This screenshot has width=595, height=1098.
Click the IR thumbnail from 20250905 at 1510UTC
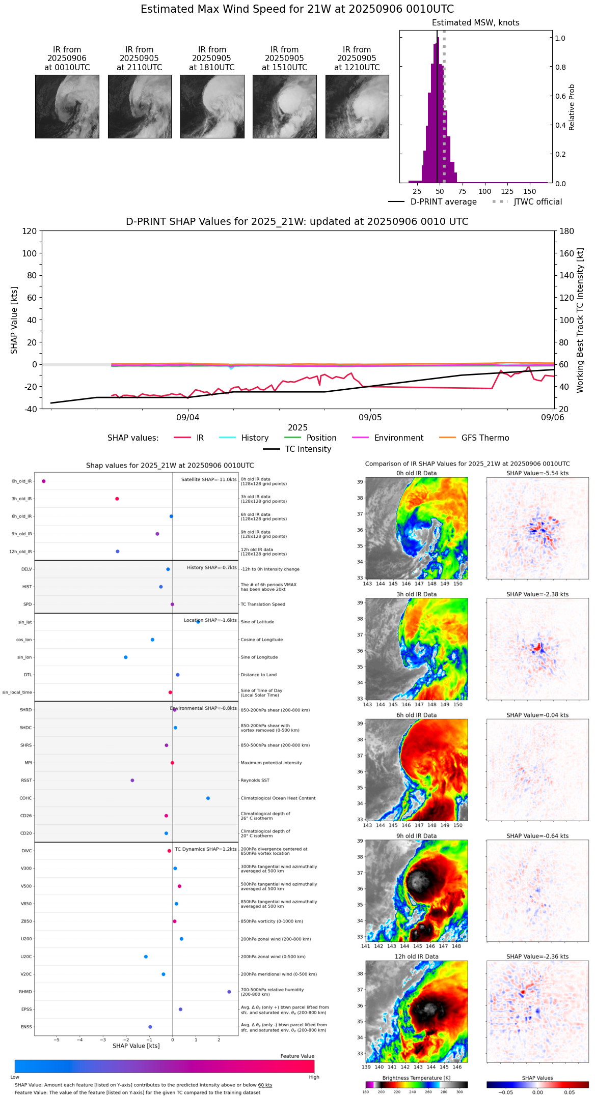coord(284,106)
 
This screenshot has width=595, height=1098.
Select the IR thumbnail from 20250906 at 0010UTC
coord(67,106)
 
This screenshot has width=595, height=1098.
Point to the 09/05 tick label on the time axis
coord(370,418)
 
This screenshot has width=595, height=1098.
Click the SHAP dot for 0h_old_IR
coord(44,481)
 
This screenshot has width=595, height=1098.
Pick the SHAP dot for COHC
coord(208,798)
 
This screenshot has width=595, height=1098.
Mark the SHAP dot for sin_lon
coord(126,657)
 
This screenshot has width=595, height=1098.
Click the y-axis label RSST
coord(26,781)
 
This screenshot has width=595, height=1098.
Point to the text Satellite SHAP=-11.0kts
coord(209,480)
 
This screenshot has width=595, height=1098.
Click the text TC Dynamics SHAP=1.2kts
coord(206,849)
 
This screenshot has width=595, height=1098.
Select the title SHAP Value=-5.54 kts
coord(537,473)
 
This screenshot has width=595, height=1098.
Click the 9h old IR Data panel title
coord(416,836)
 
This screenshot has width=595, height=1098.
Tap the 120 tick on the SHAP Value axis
coord(30,231)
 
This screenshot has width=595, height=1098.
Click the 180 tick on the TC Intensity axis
coord(567,231)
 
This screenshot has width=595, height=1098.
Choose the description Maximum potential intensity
coord(271,763)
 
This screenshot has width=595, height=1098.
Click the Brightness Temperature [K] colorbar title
coord(416,1078)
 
